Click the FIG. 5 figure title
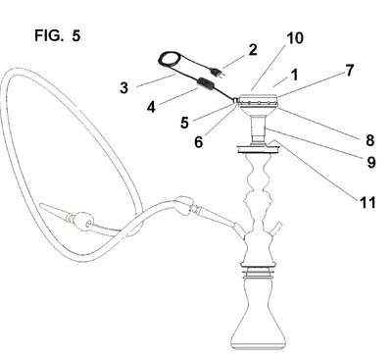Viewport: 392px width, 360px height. [x=58, y=35]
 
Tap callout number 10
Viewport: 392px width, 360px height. [x=295, y=38]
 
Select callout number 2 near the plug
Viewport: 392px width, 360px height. [x=253, y=50]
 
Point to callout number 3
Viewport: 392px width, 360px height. [x=123, y=87]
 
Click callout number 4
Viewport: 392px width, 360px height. [x=151, y=107]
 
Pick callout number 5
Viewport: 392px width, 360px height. [x=184, y=123]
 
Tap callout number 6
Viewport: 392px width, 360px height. [x=199, y=141]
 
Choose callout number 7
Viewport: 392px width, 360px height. [x=350, y=71]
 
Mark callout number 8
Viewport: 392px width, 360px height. [x=369, y=140]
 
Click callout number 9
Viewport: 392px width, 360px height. [x=371, y=162]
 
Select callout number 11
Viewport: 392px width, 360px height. [x=367, y=202]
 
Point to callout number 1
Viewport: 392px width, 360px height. [x=295, y=75]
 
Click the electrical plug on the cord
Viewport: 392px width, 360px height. [x=218, y=73]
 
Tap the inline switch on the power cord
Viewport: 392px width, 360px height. [x=205, y=84]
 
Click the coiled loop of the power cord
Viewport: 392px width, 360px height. [x=171, y=60]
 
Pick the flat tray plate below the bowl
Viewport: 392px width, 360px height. [x=258, y=149]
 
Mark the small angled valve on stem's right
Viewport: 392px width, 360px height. [x=275, y=229]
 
